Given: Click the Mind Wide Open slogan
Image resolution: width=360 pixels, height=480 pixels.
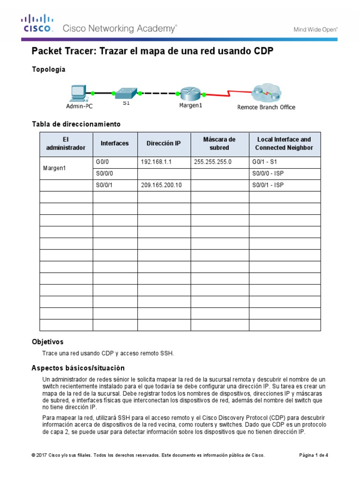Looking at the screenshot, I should pos(315,29).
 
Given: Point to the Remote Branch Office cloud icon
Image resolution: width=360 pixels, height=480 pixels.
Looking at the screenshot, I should pos(266,94).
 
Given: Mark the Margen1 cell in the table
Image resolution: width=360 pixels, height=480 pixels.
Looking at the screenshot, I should pos(54,168).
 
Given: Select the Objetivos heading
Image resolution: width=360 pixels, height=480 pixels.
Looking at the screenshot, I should pos(47,342).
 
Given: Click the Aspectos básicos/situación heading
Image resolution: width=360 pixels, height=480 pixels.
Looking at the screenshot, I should pos(78,368).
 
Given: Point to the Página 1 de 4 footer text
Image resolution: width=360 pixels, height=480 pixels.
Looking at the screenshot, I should pos(314,455).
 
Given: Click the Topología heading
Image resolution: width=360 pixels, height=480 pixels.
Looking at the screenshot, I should pos(48,69).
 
